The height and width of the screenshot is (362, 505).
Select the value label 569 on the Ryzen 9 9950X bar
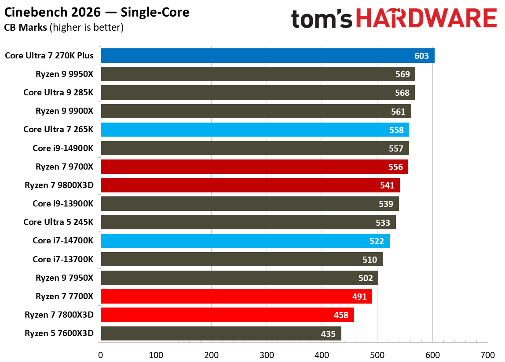(402, 75)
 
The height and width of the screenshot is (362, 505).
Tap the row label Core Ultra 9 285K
(58, 93)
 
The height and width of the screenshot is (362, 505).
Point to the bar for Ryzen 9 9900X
(255, 112)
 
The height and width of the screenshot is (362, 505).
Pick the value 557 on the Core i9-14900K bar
(396, 149)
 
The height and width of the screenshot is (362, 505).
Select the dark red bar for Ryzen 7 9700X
(254, 167)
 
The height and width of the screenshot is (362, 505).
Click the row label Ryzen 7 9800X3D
(59, 185)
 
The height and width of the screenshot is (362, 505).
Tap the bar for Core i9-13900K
(249, 204)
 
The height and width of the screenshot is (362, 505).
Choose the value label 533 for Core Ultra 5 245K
(383, 223)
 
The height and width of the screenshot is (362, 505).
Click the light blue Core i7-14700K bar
(245, 241)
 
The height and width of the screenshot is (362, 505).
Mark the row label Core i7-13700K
(62, 260)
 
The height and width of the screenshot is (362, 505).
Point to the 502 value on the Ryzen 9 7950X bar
(366, 278)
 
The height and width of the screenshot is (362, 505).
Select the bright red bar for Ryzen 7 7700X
(236, 297)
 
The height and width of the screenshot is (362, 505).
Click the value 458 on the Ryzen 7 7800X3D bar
(341, 315)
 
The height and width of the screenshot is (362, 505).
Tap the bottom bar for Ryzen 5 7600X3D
(221, 334)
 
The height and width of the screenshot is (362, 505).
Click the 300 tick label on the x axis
(267, 355)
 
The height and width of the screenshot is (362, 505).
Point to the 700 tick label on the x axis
(487, 355)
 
